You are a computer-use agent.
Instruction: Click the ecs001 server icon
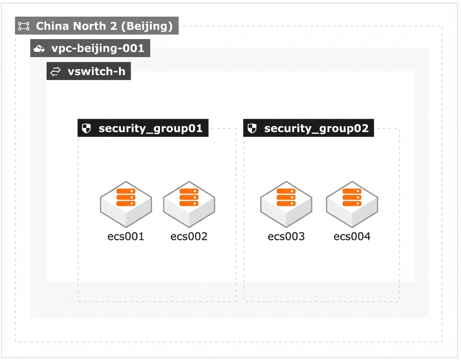coord(126,204)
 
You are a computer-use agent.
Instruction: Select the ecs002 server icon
coord(189,204)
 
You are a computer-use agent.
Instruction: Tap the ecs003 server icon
coord(286,204)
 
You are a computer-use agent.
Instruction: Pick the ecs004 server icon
coord(352,204)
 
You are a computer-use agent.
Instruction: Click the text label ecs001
coord(126,236)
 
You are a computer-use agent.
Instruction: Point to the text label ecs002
coord(189,236)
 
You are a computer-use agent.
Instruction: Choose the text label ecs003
coord(286,236)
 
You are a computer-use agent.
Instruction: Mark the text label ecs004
coord(352,236)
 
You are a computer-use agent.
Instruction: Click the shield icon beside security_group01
coord(86,128)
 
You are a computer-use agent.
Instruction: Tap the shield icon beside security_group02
coord(252,128)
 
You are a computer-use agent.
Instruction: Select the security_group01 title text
coord(150,129)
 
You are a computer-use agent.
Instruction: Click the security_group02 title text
coord(317,129)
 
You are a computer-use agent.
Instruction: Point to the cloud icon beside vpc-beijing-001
coord(39,49)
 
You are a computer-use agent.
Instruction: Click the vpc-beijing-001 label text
coord(97,48)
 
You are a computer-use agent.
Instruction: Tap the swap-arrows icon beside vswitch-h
coord(55,71)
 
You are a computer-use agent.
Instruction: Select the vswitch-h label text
coord(96,71)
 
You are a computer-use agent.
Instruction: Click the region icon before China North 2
coord(24,26)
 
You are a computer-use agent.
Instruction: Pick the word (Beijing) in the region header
coord(147,26)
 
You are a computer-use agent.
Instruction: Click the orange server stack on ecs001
coord(126,197)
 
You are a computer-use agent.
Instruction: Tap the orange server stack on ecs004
coord(352,197)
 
